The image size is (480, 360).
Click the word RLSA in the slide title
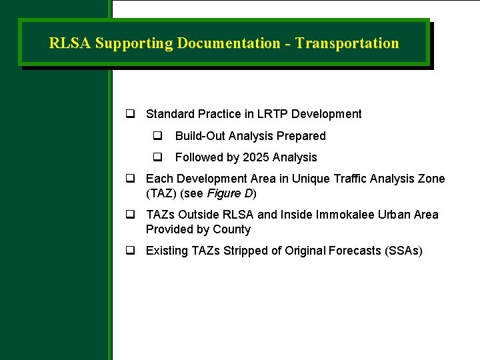click(70, 43)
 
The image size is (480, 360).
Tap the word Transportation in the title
click(347, 43)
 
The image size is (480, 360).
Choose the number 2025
click(256, 157)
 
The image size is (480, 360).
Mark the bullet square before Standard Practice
click(131, 114)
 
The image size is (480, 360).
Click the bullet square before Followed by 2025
click(158, 157)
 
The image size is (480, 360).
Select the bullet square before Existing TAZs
click(131, 251)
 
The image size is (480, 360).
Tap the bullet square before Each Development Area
click(131, 179)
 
